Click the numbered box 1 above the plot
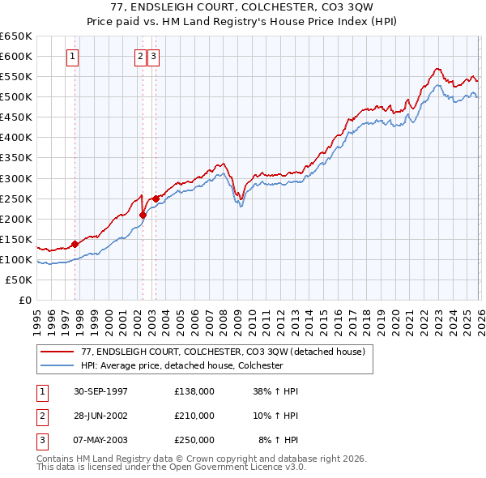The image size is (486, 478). coord(73,57)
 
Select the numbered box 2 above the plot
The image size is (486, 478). coord(140,57)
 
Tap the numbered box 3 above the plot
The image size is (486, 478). coord(153,57)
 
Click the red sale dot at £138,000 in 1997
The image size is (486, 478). coord(75,243)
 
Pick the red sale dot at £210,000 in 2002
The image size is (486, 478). coord(143,215)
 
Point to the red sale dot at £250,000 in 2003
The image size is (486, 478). coord(156,198)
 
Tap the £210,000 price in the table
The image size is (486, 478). coord(194,416)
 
